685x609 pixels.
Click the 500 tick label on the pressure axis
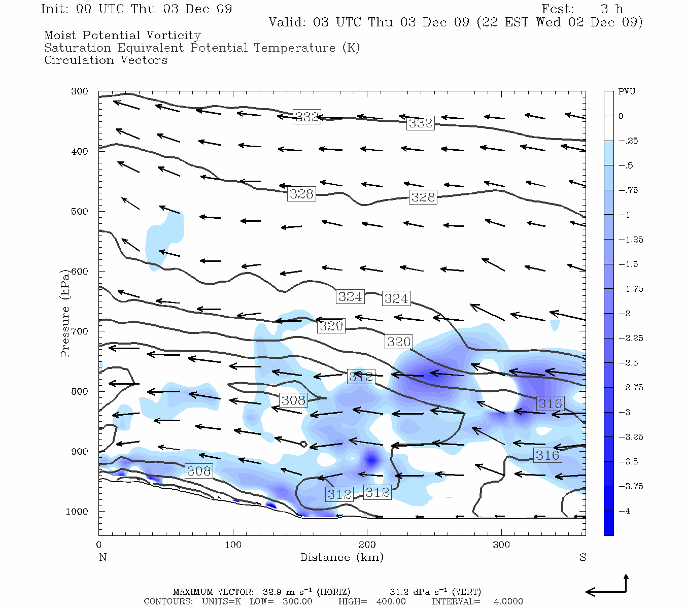pyautogui.click(x=79, y=212)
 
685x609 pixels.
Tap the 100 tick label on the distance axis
pyautogui.click(x=233, y=545)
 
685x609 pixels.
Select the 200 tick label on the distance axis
pyautogui.click(x=367, y=545)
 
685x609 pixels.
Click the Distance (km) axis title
pyautogui.click(x=341, y=557)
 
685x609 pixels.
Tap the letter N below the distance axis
pyautogui.click(x=102, y=557)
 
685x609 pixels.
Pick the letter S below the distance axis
pyautogui.click(x=583, y=557)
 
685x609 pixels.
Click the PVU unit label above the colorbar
pyautogui.click(x=627, y=92)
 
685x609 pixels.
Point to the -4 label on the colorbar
pyautogui.click(x=625, y=511)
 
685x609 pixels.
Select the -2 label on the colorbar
pyautogui.click(x=625, y=314)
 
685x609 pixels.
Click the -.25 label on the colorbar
pyautogui.click(x=628, y=141)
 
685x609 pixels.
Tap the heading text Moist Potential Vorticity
pyautogui.click(x=122, y=36)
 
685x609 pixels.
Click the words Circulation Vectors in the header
pyautogui.click(x=106, y=60)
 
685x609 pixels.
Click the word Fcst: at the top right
pyautogui.click(x=558, y=9)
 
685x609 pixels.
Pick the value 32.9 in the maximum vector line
pyautogui.click(x=272, y=592)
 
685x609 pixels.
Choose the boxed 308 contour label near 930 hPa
pyautogui.click(x=198, y=471)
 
